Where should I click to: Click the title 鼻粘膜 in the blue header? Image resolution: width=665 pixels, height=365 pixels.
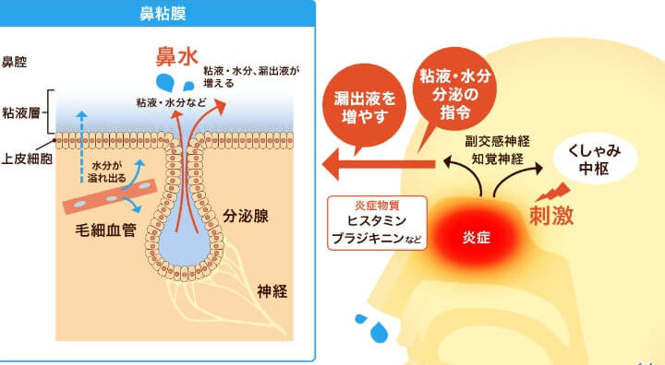point(163,14)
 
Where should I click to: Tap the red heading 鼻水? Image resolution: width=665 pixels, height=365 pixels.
point(176,56)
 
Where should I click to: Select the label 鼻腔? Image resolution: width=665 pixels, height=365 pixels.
point(15,63)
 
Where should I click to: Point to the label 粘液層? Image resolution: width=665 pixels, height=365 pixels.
point(21,113)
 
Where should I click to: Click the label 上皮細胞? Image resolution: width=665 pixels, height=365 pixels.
point(27,159)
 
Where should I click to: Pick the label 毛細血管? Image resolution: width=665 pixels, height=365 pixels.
point(106,230)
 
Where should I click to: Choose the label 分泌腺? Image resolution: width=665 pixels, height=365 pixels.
point(246,216)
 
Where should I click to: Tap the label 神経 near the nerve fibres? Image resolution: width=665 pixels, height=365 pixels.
point(272,291)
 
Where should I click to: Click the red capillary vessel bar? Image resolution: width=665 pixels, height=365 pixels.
point(110,197)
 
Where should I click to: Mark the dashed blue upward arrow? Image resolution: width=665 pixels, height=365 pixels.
point(82,147)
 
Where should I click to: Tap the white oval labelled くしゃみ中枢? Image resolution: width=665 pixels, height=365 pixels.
point(595,159)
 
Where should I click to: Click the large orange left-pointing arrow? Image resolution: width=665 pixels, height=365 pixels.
point(379,164)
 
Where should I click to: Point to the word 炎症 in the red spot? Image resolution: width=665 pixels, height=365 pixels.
point(477,238)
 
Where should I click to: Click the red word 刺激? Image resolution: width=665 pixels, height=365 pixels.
point(551,215)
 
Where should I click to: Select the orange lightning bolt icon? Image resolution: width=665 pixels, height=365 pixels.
point(552,192)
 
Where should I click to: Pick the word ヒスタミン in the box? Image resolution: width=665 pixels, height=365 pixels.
point(377,220)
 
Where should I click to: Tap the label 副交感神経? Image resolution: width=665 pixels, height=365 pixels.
point(497,141)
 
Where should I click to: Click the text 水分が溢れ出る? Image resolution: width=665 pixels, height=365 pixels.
point(106,171)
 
